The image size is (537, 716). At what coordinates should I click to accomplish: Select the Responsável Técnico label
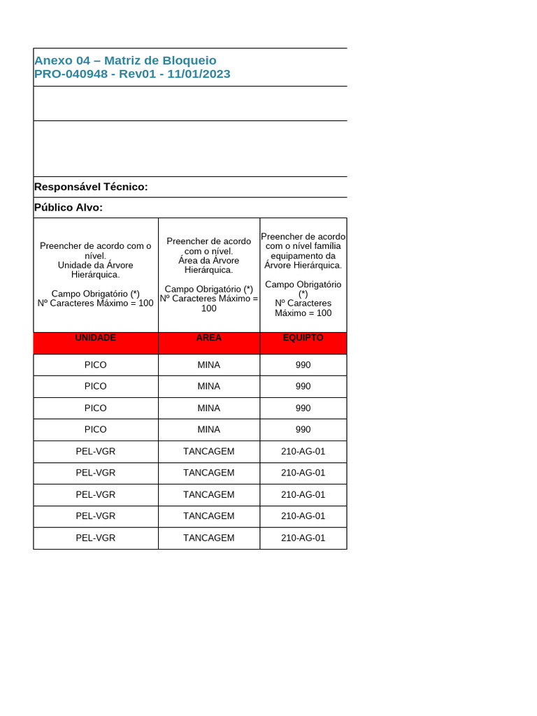[x=91, y=187]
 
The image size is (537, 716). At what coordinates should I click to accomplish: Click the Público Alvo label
[x=69, y=208]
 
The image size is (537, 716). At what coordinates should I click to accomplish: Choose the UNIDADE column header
[x=96, y=338]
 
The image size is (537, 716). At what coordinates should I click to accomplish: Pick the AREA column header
[x=208, y=338]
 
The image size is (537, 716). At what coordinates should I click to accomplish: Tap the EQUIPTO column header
[x=303, y=338]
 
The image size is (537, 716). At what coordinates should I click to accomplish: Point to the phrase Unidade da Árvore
[x=95, y=265]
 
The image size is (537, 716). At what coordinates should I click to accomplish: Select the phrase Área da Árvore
[x=208, y=260]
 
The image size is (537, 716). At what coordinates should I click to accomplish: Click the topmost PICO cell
[x=96, y=365]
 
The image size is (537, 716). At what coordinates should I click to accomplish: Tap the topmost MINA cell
[x=208, y=365]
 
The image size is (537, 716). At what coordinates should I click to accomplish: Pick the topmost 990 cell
[x=303, y=365]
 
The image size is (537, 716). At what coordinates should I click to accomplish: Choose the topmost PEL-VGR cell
[x=96, y=452]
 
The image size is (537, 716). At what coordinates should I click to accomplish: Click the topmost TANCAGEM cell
[x=208, y=452]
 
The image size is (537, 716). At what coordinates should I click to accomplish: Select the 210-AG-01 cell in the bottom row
[x=303, y=538]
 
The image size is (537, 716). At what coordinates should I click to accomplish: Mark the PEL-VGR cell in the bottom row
[x=96, y=538]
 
